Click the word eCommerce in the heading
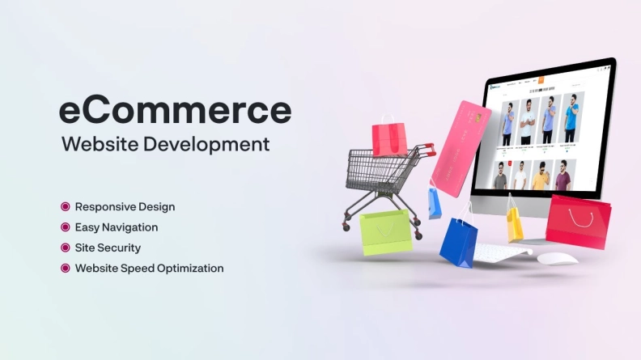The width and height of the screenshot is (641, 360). (x=175, y=111)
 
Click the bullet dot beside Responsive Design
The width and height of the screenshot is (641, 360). (x=66, y=206)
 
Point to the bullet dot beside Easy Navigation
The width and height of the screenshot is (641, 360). (x=66, y=227)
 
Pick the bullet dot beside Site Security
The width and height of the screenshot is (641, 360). (x=66, y=248)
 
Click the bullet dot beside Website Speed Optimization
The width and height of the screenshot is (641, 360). (x=66, y=268)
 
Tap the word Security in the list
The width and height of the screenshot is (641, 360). (x=121, y=248)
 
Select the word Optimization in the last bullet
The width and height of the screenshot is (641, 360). (x=190, y=268)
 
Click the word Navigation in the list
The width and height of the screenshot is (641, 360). (x=130, y=227)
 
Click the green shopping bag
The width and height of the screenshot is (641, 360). (x=385, y=232)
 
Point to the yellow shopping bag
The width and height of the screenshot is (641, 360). (x=515, y=222)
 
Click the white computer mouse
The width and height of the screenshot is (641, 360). (x=558, y=259)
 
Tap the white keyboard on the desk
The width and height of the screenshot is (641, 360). (x=502, y=252)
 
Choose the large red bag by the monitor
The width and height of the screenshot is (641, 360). (x=577, y=222)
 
